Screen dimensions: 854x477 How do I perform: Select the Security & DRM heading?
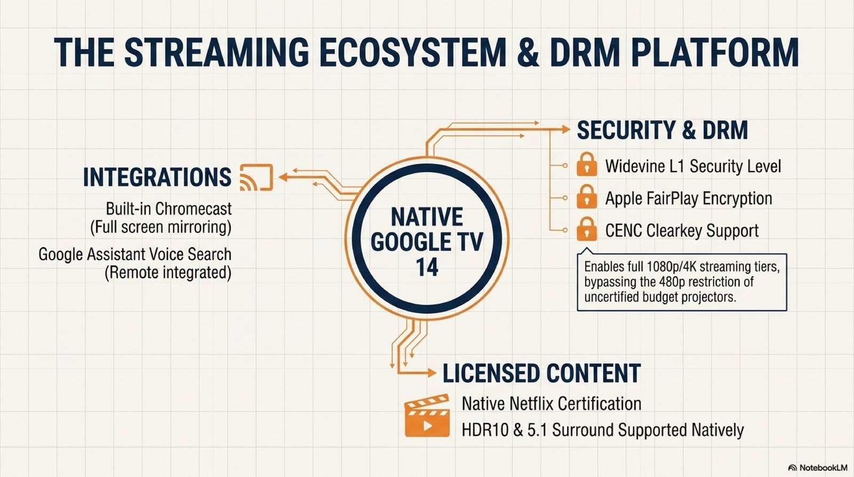point(662,130)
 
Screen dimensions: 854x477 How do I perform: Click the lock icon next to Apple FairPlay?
point(587,197)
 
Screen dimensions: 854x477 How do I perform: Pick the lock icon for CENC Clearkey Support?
point(587,229)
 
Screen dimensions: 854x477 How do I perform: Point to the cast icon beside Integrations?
point(256,177)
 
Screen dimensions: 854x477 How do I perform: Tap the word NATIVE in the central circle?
point(427,217)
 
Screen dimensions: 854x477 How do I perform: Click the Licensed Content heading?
point(541,373)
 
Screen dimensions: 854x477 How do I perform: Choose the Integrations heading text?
point(157,177)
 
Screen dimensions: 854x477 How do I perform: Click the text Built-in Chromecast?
point(169,209)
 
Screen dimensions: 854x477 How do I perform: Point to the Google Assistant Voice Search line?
point(135,254)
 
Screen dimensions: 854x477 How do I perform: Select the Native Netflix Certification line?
point(551,403)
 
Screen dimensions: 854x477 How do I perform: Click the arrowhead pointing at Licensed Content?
point(432,373)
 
